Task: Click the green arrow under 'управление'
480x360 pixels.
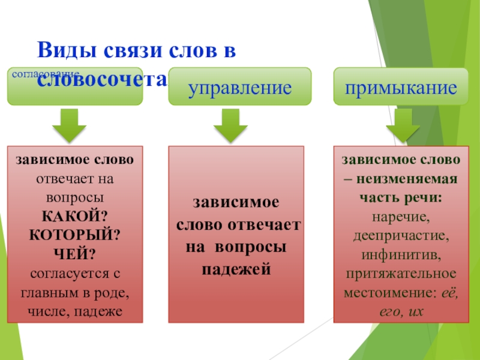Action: (x=231, y=124)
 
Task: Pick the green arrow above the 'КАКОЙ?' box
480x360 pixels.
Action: (x=69, y=124)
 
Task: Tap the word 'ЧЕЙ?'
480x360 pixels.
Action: (x=75, y=255)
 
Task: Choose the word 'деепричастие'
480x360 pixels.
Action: (x=401, y=236)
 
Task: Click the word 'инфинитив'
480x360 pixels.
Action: (x=401, y=255)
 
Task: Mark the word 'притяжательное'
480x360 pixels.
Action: (x=401, y=274)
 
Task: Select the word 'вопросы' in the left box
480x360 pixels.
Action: (x=75, y=198)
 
